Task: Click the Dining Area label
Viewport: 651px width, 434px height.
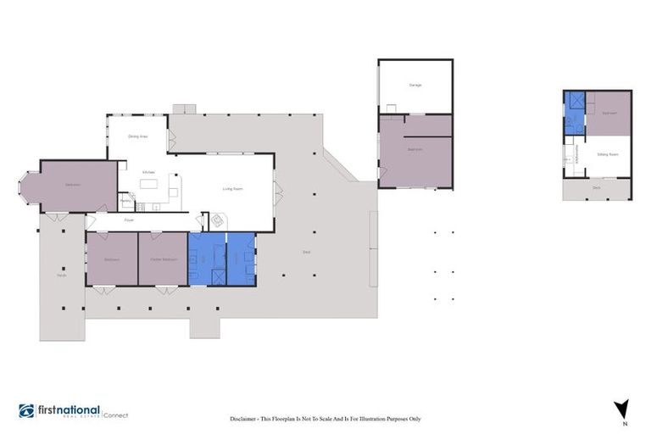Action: (138, 136)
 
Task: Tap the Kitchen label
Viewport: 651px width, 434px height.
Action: (147, 170)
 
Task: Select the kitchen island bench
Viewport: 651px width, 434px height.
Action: (150, 184)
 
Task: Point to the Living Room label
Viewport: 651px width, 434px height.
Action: (233, 189)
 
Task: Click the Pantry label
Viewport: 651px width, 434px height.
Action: (125, 200)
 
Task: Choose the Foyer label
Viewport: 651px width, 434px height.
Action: (130, 220)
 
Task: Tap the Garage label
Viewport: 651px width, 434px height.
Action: (415, 86)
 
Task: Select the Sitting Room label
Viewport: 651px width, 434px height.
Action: (608, 155)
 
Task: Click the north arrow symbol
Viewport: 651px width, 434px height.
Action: (623, 408)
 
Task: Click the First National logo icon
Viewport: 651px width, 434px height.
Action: (26, 411)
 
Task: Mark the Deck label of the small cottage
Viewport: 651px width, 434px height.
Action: (597, 188)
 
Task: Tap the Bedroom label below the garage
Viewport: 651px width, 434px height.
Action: (415, 149)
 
